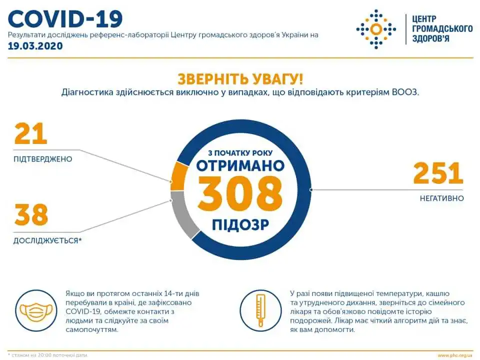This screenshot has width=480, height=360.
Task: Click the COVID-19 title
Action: (65, 19)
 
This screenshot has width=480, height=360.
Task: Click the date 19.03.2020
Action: (35, 46)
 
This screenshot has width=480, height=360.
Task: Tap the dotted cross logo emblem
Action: (376, 29)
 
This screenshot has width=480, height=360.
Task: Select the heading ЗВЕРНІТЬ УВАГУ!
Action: (240, 78)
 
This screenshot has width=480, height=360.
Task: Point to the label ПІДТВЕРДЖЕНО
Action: (43, 159)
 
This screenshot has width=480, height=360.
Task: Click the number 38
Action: (31, 214)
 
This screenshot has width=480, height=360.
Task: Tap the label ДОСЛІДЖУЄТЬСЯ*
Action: (47, 240)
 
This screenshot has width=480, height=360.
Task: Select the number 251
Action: (438, 173)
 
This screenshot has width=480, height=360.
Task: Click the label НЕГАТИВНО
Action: (441, 198)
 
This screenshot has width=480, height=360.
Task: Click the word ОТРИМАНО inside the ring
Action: (240, 166)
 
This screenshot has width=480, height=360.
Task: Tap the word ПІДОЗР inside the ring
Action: (240, 224)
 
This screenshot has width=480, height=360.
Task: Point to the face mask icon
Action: (36, 310)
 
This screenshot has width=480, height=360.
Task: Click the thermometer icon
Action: (260, 310)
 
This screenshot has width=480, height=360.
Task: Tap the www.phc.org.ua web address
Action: (455, 355)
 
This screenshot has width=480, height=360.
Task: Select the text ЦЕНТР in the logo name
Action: (424, 19)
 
